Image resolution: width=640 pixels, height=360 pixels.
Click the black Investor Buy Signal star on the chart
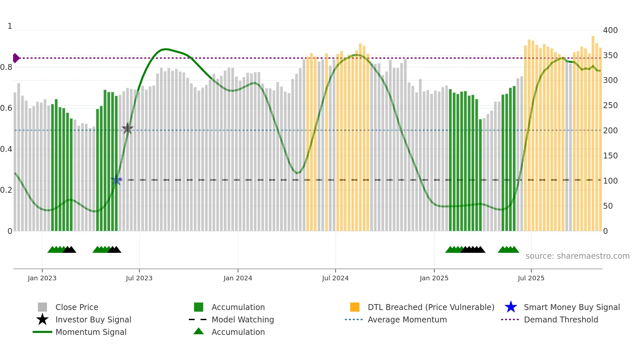(127, 129)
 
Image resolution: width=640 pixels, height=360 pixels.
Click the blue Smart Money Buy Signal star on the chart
(116, 180)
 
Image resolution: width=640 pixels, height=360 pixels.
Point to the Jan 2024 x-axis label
(238, 278)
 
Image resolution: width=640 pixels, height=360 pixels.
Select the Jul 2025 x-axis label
(531, 278)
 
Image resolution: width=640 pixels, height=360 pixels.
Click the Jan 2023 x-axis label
(42, 278)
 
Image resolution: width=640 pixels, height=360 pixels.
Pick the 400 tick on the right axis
(610, 30)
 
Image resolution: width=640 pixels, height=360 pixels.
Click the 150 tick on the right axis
(610, 156)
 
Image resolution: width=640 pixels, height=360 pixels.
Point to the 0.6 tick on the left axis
(7, 108)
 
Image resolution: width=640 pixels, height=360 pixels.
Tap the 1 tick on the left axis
(10, 26)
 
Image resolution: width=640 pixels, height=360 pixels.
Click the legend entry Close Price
(77, 307)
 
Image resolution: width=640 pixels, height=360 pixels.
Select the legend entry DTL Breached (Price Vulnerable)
(431, 307)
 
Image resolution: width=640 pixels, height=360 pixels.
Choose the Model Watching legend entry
(243, 319)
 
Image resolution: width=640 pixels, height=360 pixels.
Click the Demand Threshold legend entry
(561, 319)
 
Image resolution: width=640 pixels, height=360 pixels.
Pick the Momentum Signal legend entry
(91, 332)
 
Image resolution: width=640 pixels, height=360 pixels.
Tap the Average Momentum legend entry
(407, 319)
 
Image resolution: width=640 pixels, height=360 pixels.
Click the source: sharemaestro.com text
(577, 256)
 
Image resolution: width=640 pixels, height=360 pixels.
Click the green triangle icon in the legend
(199, 331)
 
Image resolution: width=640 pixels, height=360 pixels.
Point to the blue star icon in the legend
(511, 307)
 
